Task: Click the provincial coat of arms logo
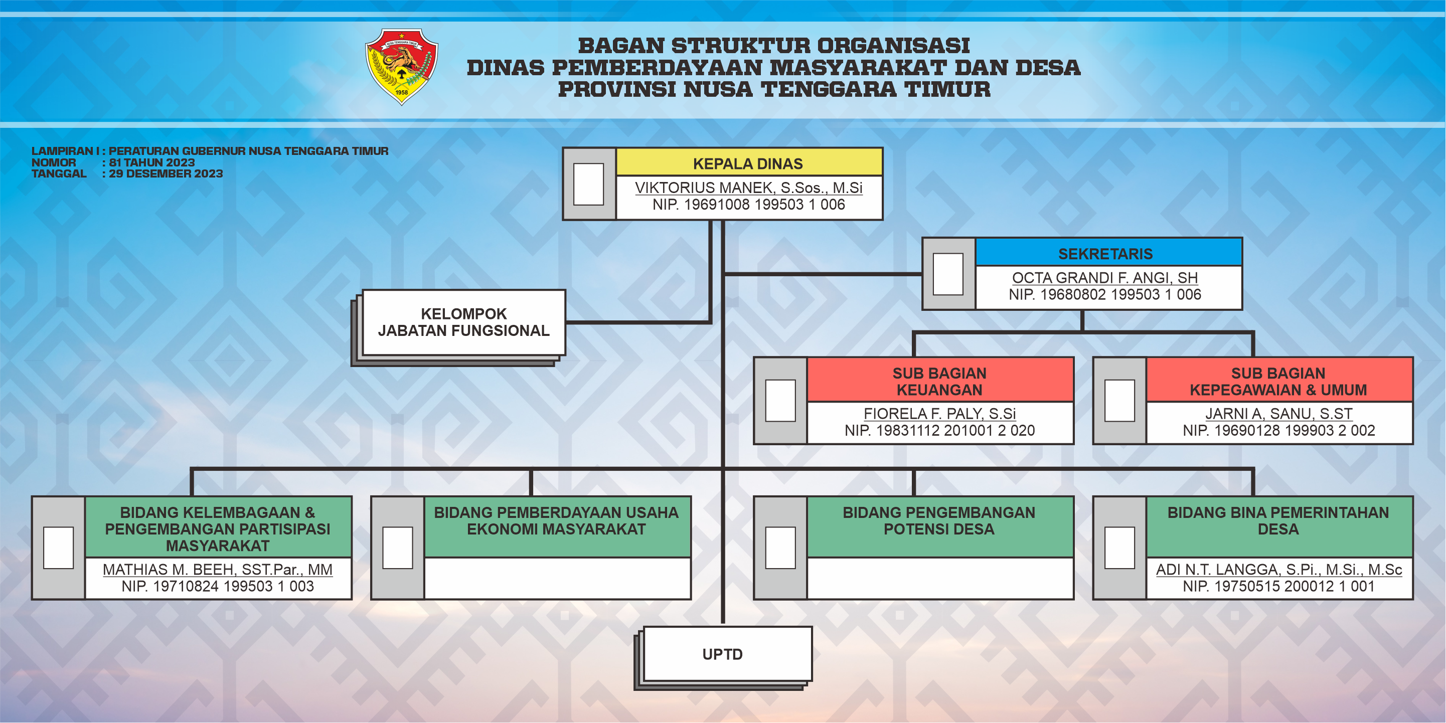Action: point(401,67)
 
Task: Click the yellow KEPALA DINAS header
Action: point(749,163)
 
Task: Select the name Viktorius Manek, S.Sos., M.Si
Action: point(749,188)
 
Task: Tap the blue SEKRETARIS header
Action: point(1108,253)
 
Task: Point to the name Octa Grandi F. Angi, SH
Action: point(1105,277)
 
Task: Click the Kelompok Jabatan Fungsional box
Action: point(463,322)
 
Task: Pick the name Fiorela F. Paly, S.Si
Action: point(940,414)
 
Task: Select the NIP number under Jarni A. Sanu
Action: point(1278,431)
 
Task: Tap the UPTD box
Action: point(727,654)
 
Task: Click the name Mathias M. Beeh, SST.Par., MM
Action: point(218,569)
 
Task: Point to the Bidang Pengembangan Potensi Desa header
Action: point(940,526)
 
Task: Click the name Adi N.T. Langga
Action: point(1278,569)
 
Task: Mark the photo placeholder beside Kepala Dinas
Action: point(588,184)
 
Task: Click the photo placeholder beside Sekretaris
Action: point(948,274)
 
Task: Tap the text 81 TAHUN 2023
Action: point(151,162)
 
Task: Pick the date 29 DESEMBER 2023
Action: point(166,173)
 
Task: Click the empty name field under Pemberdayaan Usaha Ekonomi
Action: point(557,578)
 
